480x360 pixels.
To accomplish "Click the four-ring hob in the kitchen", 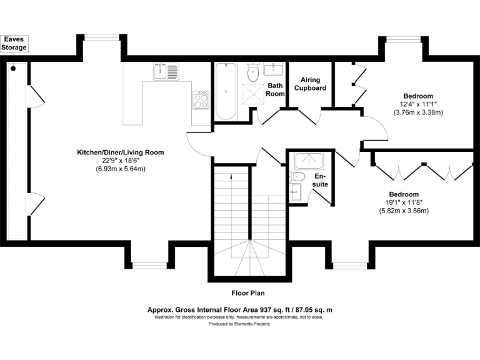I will point(201,100).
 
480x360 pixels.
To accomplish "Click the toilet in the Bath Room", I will point(253,72).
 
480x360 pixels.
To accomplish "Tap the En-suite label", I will point(321,181).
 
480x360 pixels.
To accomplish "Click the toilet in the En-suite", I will point(297,176).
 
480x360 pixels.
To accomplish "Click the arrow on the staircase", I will point(232,177).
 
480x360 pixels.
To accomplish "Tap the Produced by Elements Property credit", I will point(239,324).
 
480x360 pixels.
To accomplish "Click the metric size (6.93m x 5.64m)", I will point(120,169).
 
